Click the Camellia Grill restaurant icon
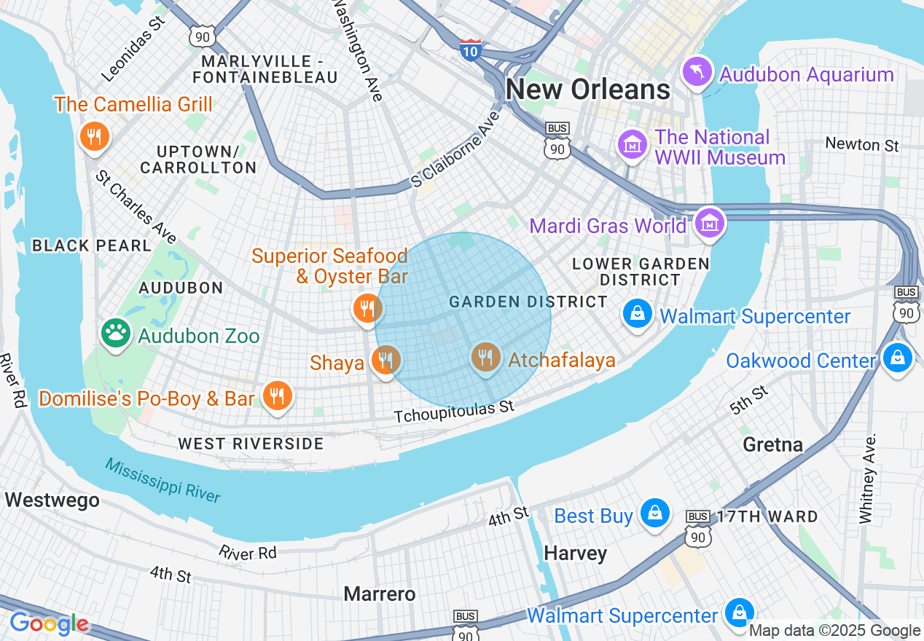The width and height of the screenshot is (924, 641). [94, 136]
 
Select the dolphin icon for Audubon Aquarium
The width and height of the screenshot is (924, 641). [697, 72]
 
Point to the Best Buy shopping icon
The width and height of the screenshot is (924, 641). [655, 514]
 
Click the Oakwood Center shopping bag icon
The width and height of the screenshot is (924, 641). [898, 358]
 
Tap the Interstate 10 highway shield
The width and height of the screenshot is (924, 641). [470, 50]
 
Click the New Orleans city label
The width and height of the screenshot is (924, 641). [587, 90]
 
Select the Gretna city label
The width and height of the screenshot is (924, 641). [772, 444]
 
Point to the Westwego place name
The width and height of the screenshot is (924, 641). [52, 500]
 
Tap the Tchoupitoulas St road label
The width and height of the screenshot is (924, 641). [454, 412]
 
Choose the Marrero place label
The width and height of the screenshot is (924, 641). [380, 594]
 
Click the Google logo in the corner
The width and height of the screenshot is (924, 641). [49, 624]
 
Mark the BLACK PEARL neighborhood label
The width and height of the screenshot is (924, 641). [92, 245]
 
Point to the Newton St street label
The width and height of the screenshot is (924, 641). [861, 144]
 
